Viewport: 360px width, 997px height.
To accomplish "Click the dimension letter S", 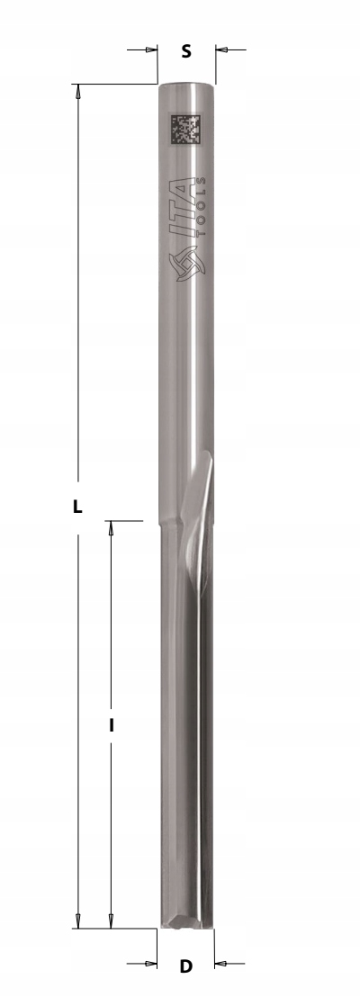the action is coord(185,51).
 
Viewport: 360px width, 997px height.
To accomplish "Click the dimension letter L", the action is coord(77,507).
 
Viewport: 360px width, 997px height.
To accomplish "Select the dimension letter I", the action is coord(112,724).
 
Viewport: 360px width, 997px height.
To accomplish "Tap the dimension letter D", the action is coord(185,966).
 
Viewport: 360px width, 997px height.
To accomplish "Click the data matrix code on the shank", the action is coord(185,129).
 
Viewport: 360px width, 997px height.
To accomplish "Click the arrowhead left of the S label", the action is coord(151,49).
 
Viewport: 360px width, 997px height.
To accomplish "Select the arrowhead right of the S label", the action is coord(221,49).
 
